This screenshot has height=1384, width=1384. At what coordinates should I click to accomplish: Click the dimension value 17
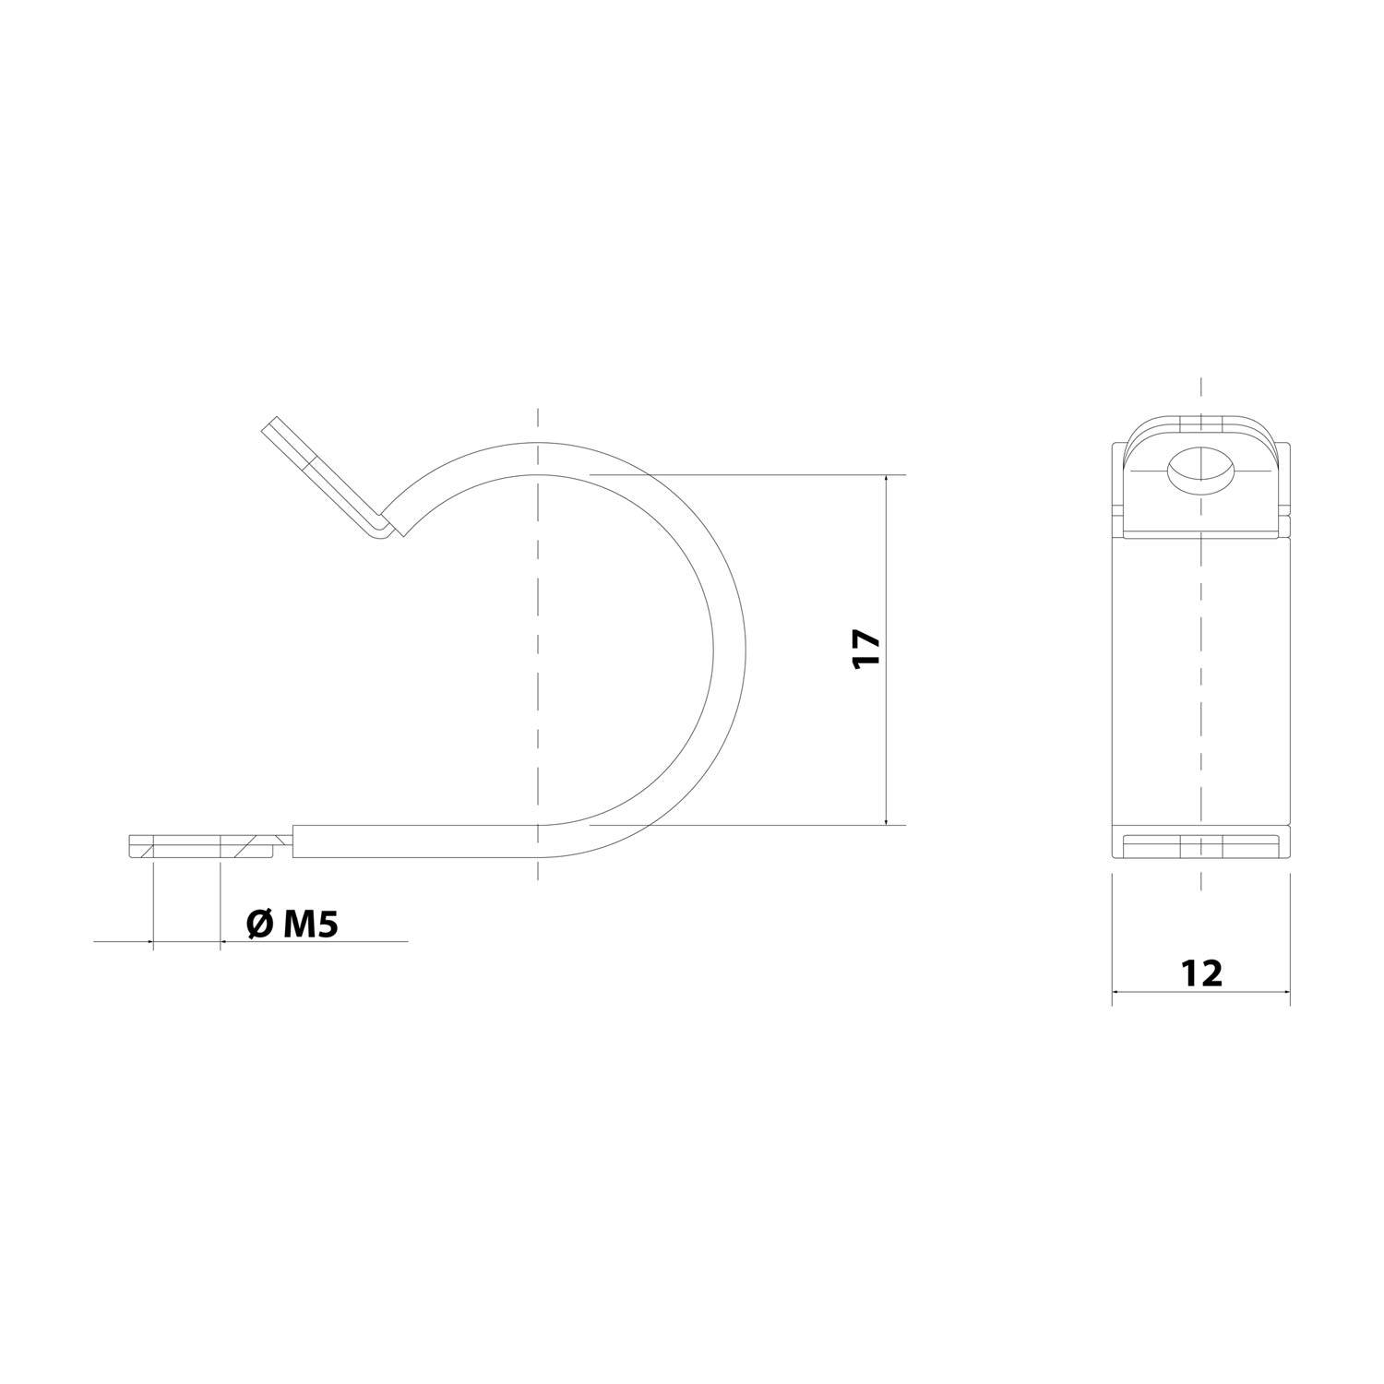868,650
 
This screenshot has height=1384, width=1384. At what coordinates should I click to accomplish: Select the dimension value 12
1200,972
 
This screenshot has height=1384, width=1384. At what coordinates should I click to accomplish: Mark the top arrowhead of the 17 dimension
886,480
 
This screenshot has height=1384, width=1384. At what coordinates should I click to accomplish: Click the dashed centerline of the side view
537,646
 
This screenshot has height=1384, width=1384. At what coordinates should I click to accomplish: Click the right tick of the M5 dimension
221,942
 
